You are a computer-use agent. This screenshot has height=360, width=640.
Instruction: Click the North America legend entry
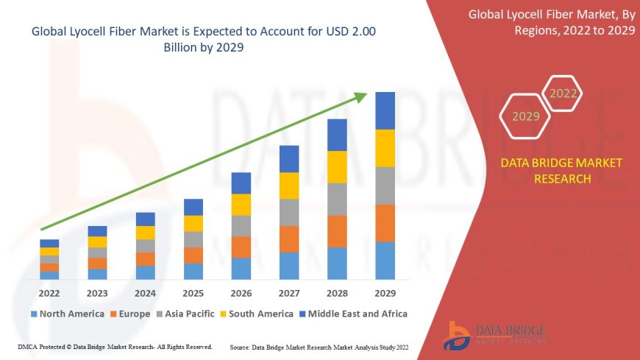tap(66, 314)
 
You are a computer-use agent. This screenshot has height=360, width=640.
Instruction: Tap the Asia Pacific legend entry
tap(187, 314)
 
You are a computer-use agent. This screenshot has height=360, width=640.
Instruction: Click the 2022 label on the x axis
tap(49, 292)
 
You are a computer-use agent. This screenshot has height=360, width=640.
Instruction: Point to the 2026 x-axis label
tap(241, 292)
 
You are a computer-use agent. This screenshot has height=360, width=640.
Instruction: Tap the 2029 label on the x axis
tap(385, 292)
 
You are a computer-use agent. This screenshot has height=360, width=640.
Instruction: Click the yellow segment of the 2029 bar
tap(385, 148)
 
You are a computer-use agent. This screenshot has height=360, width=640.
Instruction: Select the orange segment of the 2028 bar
tap(337, 231)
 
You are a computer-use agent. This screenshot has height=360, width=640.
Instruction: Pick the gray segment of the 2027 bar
tap(289, 212)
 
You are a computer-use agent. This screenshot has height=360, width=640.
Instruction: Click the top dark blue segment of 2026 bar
tap(241, 183)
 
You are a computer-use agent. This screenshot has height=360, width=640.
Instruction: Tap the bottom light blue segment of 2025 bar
tap(193, 272)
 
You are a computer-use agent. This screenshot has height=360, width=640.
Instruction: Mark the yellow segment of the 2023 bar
tap(97, 241)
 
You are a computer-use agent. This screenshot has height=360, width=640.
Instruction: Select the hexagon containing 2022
tap(563, 93)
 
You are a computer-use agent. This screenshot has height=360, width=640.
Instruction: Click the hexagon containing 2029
tap(525, 116)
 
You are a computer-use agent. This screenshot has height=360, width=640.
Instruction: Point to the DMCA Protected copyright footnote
tap(114, 346)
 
